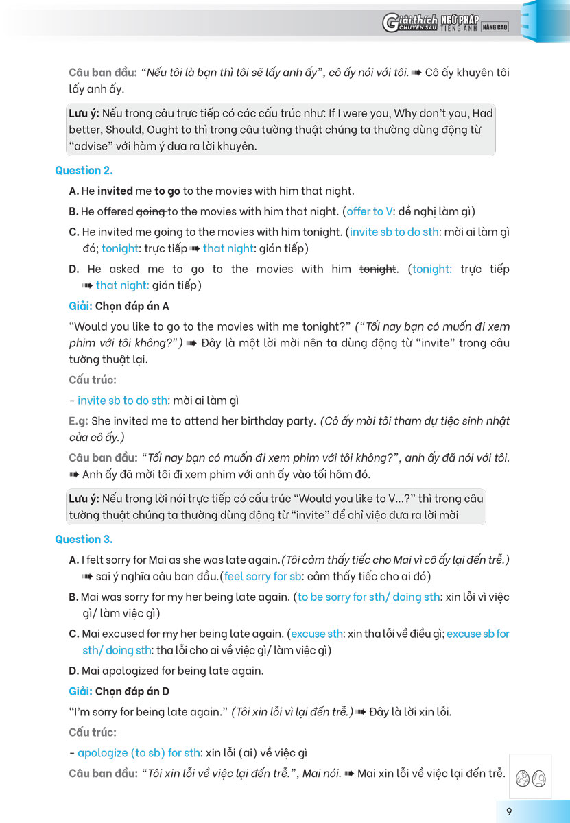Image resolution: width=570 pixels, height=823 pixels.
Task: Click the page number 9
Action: click(509, 812)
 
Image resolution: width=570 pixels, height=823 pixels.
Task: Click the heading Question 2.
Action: click(84, 170)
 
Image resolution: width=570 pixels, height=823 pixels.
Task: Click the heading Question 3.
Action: click(84, 539)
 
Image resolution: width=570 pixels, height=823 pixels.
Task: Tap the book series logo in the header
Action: click(445, 24)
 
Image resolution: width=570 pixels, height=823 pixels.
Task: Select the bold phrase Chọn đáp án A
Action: click(132, 306)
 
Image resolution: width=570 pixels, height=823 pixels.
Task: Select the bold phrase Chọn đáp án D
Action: click(132, 691)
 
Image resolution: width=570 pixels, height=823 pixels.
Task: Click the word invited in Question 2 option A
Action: click(115, 191)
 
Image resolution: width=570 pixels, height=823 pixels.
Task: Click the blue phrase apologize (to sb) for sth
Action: click(139, 753)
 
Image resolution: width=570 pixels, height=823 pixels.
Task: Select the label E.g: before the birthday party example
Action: click(78, 420)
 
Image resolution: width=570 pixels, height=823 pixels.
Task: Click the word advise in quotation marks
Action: click(90, 146)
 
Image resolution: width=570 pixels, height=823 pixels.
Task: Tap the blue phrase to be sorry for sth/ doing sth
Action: click(368, 597)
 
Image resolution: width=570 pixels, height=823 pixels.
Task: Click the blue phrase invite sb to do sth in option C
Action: click(394, 232)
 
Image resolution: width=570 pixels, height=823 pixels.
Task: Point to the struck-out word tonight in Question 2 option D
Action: click(378, 269)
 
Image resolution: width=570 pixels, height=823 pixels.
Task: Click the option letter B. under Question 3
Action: click(73, 597)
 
